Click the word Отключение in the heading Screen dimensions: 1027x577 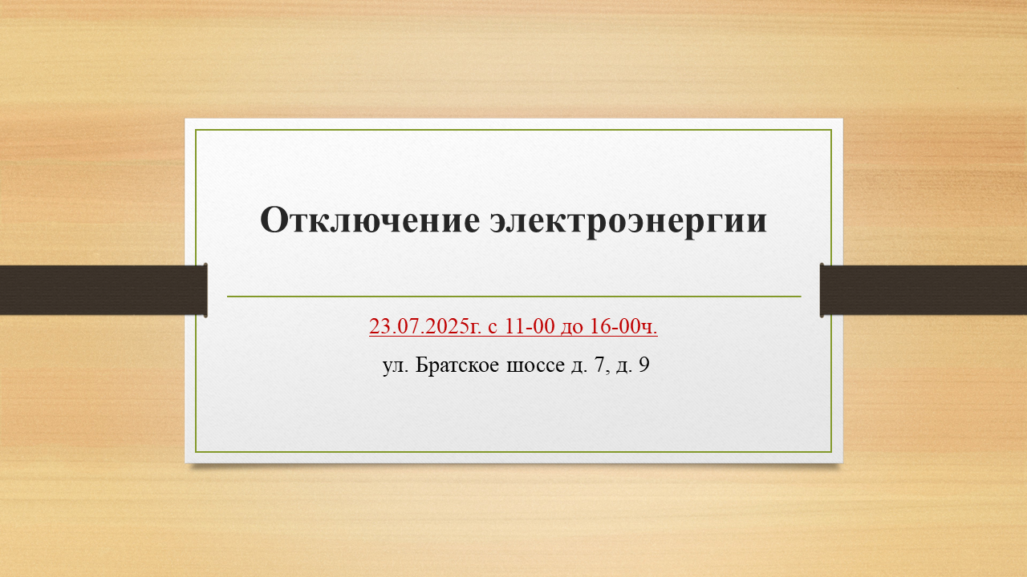coord(370,220)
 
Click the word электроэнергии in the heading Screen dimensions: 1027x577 coord(628,223)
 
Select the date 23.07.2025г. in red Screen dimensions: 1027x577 coord(425,326)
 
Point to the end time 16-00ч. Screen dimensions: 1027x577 coord(623,326)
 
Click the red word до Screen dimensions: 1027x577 coord(572,328)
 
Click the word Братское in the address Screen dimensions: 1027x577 coord(457,365)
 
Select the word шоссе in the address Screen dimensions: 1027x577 coord(535,366)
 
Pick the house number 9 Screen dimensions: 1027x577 coord(643,365)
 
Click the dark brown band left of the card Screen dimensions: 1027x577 coord(104,290)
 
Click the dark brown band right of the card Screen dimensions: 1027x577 coord(923,290)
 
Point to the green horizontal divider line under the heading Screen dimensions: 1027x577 coord(514,297)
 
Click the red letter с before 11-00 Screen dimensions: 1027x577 coord(493,328)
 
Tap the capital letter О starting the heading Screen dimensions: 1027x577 coord(274,220)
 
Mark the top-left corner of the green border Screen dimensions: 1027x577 coord(196,130)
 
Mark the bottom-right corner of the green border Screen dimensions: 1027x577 coord(831,452)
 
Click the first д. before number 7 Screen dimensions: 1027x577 coord(579,367)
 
